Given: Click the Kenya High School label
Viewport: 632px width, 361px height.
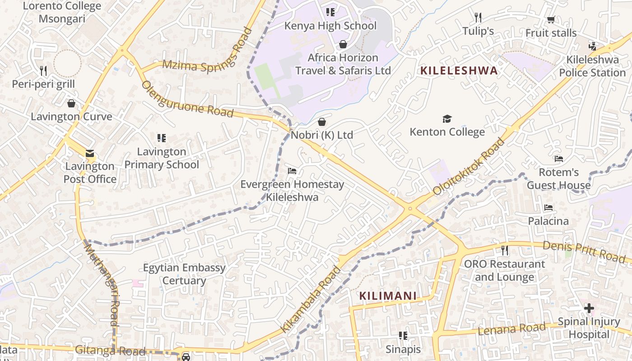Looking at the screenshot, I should (330, 26).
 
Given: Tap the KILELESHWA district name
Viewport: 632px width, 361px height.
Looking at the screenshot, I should (459, 70).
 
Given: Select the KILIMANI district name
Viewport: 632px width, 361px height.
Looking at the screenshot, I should (387, 296).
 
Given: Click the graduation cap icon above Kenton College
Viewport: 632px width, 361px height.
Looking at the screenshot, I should (447, 119).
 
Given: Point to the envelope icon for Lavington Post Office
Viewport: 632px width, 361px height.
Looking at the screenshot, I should (90, 153).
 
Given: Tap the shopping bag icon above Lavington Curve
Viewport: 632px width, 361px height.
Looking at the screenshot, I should (71, 103).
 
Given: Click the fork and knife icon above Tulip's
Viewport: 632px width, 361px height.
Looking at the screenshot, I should (478, 18).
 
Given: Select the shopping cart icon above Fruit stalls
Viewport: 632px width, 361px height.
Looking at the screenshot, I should (551, 20).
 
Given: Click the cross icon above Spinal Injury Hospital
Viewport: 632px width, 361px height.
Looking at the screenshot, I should (589, 308).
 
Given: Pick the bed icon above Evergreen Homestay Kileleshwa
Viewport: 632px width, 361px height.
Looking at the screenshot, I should (292, 171).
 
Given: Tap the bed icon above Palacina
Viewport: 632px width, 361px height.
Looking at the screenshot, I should (548, 208).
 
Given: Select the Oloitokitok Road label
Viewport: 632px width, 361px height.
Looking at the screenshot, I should (468, 167).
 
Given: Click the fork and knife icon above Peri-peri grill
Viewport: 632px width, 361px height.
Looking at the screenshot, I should (43, 70).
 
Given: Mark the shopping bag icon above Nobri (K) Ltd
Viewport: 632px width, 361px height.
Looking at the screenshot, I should (322, 122).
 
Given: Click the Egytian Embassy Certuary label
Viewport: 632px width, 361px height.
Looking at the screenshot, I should (184, 274).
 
